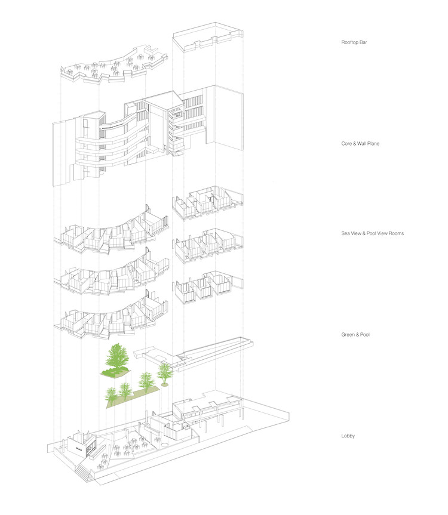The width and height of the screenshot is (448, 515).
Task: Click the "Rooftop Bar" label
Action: click(x=354, y=42)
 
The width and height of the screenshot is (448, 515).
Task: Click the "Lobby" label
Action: click(x=348, y=436)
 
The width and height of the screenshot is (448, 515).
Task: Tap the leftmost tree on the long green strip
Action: click(x=111, y=394)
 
